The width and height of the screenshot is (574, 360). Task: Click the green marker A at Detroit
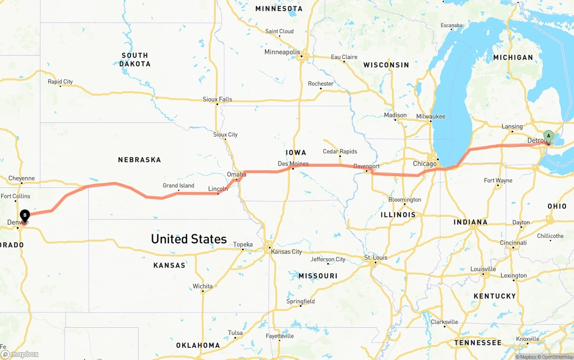548,136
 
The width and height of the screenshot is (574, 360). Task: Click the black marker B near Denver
25,215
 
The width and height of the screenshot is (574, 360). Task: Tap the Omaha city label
236,174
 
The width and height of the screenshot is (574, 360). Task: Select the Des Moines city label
293,164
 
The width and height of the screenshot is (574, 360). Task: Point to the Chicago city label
424,164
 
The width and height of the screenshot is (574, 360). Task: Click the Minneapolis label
282,52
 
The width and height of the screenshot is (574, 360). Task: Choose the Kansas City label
286,252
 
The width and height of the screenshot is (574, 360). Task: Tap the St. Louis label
375,257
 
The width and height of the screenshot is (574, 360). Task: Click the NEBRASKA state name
139,160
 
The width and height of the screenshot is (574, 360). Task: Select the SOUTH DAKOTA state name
135,60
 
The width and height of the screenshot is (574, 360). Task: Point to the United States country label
188,239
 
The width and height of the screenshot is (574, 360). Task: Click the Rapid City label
60,82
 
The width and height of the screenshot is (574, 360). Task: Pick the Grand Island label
178,186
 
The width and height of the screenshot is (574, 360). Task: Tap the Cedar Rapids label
340,152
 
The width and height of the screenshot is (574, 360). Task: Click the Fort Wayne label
498,181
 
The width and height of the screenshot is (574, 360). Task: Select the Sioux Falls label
217,99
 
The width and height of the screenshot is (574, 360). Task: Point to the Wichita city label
203,286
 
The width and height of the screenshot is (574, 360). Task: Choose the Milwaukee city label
430,117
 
